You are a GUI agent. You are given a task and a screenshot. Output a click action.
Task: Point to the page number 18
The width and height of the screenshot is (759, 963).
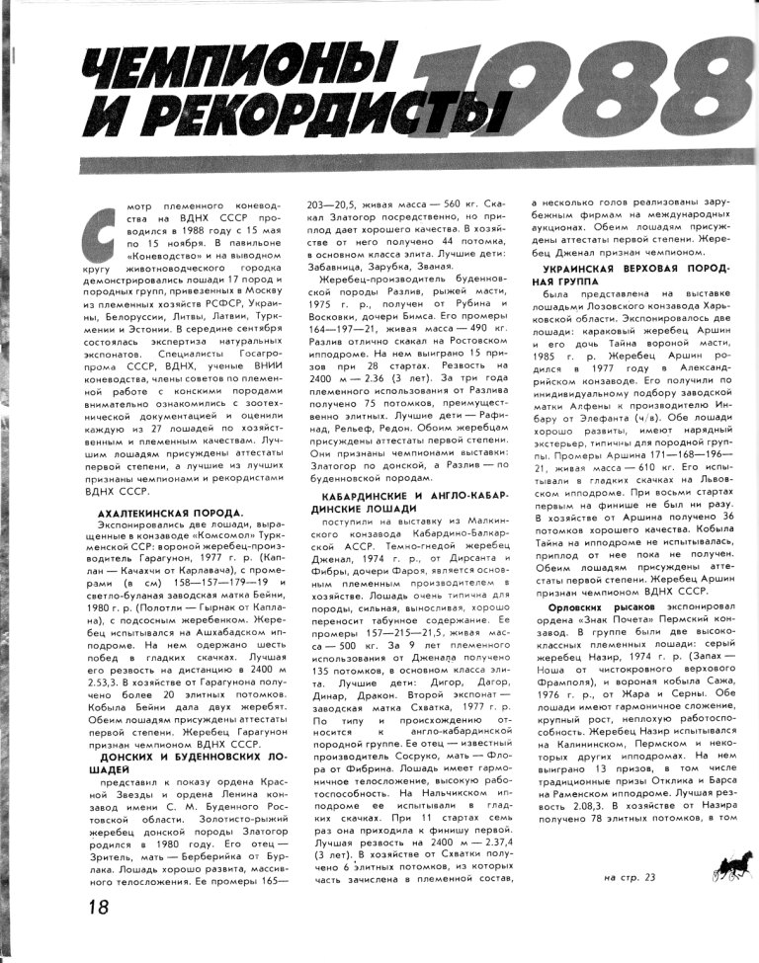point(97,906)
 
